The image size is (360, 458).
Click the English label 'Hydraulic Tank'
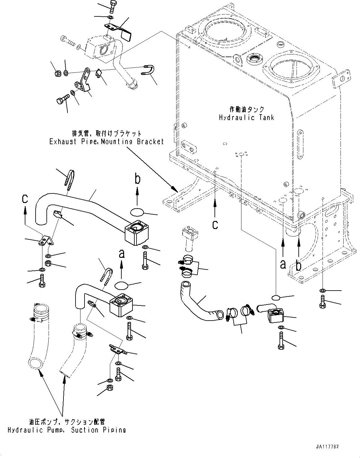[246, 118]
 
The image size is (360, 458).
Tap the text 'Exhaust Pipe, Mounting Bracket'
[106, 142]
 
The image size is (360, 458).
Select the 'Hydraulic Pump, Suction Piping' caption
[66, 430]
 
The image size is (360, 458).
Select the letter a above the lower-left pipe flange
[122, 254]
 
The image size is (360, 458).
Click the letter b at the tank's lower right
[298, 265]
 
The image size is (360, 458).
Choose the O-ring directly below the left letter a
[122, 285]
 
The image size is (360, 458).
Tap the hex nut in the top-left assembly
[57, 73]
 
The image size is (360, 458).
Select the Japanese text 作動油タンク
[246, 109]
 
